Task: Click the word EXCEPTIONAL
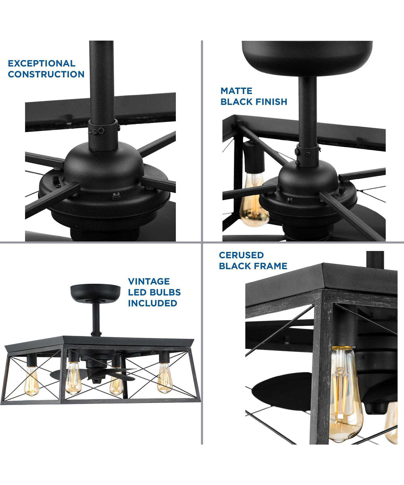click(x=42, y=63)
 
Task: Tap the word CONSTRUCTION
click(x=46, y=74)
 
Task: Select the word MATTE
click(x=236, y=91)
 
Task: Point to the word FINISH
click(x=271, y=102)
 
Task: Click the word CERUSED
click(x=241, y=255)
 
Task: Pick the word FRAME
click(x=271, y=266)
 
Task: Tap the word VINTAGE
click(x=149, y=281)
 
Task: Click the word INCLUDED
click(x=153, y=303)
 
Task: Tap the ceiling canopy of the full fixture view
click(x=95, y=291)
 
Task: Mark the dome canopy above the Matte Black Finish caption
click(x=307, y=57)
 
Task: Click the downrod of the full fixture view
click(x=96, y=317)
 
